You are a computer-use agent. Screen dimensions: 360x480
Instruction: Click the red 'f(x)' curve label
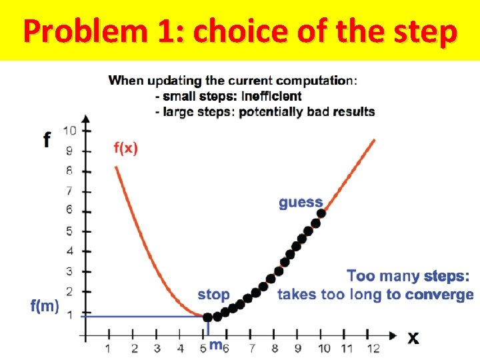pyautogui.click(x=126, y=148)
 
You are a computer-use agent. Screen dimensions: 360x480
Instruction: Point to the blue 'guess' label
pyautogui.click(x=301, y=202)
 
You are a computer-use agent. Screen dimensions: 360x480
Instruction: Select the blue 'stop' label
pyautogui.click(x=213, y=294)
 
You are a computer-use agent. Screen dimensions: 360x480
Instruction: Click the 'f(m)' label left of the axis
pyautogui.click(x=45, y=307)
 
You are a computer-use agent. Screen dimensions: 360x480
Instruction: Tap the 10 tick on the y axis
pyautogui.click(x=70, y=130)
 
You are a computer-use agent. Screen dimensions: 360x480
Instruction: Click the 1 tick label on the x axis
pyautogui.click(x=108, y=348)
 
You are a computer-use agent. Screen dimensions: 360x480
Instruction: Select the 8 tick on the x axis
pyautogui.click(x=275, y=348)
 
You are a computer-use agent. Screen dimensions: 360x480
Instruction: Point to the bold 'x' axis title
pyautogui.click(x=413, y=339)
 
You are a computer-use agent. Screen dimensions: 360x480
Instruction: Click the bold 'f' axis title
pyautogui.click(x=47, y=140)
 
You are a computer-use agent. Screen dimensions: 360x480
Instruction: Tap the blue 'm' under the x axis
pyautogui.click(x=215, y=345)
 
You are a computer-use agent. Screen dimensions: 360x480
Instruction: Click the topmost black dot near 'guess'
pyautogui.click(x=321, y=213)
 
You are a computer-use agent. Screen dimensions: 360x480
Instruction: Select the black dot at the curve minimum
pyautogui.click(x=208, y=317)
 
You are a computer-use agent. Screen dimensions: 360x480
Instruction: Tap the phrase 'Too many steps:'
pyautogui.click(x=408, y=276)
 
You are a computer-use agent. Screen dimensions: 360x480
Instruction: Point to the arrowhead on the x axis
pyautogui.click(x=395, y=335)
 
